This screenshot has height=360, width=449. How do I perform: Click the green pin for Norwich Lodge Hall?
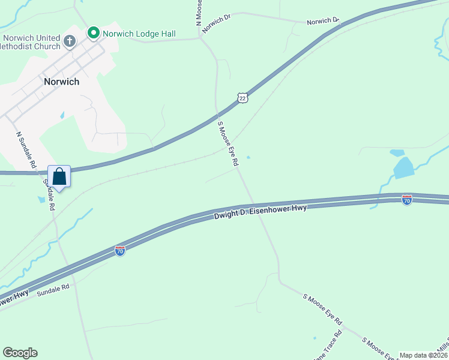(x=93, y=32)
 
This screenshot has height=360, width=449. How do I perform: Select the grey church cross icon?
(x=70, y=41)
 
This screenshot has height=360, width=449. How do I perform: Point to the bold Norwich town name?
(x=61, y=82)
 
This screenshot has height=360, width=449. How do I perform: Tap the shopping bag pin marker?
(x=59, y=177)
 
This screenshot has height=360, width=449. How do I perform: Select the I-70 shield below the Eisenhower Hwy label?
(x=120, y=250)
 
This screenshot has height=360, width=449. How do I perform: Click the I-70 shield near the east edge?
(x=407, y=200)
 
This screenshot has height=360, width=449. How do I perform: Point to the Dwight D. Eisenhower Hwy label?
(x=261, y=212)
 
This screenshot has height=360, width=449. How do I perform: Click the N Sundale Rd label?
(x=26, y=151)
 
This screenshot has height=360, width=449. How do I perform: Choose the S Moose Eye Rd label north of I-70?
(x=228, y=144)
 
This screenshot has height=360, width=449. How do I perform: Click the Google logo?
(x=20, y=353)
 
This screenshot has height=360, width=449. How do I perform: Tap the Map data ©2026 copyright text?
(x=423, y=355)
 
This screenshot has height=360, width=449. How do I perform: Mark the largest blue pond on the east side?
(x=403, y=167)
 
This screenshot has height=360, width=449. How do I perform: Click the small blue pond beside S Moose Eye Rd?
(x=248, y=158)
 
